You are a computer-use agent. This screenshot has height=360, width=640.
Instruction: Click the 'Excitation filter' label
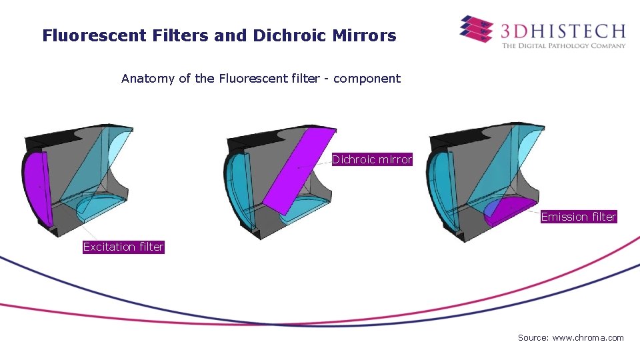click(x=123, y=247)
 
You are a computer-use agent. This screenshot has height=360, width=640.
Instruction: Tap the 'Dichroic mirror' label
click(x=372, y=160)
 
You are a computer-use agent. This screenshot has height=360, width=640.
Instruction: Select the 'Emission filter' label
click(x=579, y=217)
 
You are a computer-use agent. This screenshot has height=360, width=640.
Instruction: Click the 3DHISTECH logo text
click(x=563, y=31)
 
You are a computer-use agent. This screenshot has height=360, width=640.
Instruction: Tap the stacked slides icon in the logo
click(x=476, y=29)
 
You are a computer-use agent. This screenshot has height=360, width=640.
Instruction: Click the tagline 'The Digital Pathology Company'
click(x=563, y=46)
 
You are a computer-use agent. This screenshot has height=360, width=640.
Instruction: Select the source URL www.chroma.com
click(x=588, y=338)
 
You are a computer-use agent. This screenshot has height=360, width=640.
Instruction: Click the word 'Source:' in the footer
click(x=533, y=338)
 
